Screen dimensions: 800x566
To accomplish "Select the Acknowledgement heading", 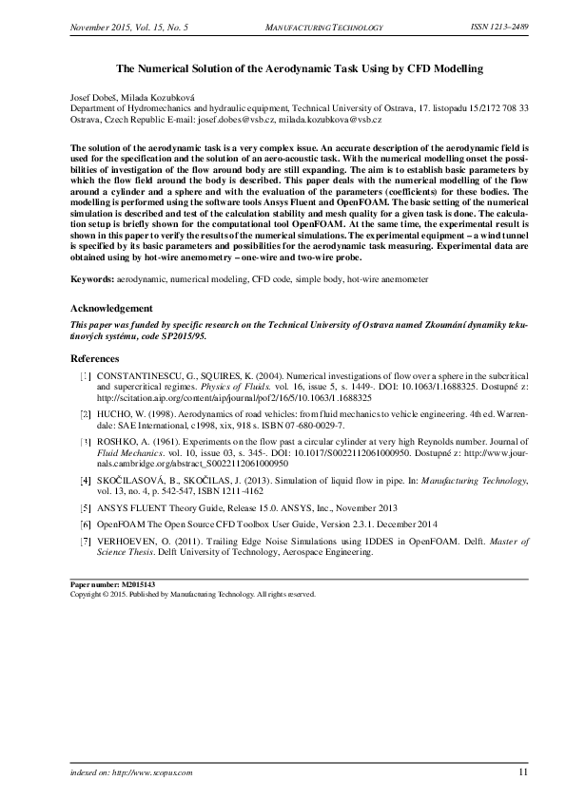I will [111, 309].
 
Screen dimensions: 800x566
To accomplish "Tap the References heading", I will [95, 359].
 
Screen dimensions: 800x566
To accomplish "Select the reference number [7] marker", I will [86, 541].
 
